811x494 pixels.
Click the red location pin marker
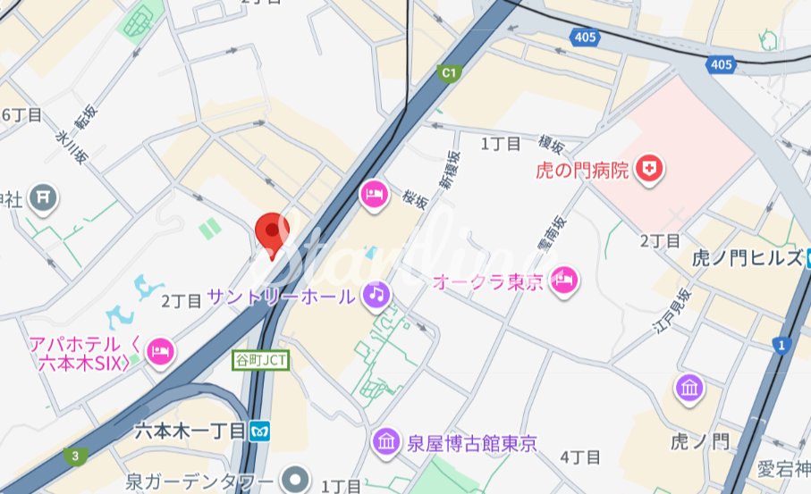click(271, 231)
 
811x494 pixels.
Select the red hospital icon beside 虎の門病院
click(648, 168)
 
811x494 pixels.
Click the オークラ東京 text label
click(488, 282)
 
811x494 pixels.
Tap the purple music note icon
click(376, 294)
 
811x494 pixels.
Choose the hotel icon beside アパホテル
click(160, 347)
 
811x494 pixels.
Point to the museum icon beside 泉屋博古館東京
click(386, 441)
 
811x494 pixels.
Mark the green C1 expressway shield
click(448, 72)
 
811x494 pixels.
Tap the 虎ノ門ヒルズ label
click(748, 259)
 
